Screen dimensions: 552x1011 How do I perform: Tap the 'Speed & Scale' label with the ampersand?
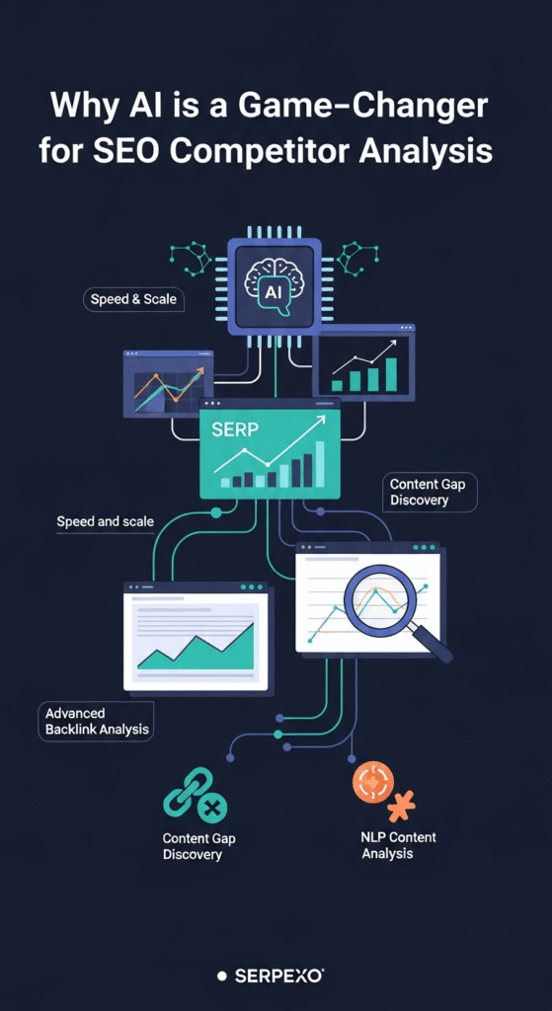pyautogui.click(x=133, y=299)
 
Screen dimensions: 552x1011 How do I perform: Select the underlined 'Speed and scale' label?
pyautogui.click(x=105, y=521)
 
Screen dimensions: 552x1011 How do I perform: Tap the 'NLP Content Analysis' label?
pyautogui.click(x=398, y=845)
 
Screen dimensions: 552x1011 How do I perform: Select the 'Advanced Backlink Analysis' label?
pyautogui.click(x=97, y=722)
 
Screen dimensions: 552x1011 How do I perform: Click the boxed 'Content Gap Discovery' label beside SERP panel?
pyautogui.click(x=429, y=492)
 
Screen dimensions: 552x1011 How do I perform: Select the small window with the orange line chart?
pyautogui.click(x=168, y=384)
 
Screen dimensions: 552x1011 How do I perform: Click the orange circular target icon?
pyautogui.click(x=372, y=782)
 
